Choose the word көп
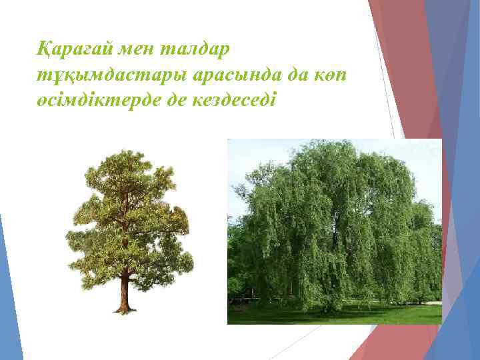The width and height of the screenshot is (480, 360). point(331,74)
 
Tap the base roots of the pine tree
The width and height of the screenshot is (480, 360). point(123,309)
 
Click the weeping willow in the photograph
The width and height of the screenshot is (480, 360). point(333,220)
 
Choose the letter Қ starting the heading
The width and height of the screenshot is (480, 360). point(45,48)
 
